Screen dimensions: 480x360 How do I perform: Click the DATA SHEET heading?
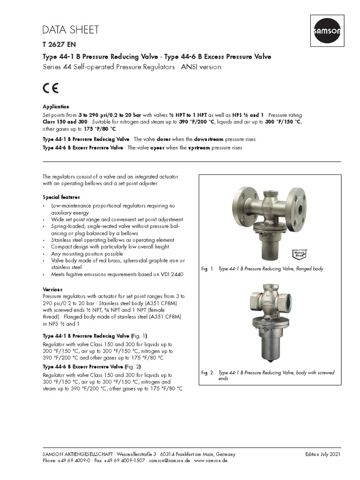pos(71,30)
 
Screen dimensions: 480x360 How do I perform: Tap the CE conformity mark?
pos(51,88)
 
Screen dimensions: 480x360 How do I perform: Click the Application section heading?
pos(56,107)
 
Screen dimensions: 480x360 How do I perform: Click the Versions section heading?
pos(52,289)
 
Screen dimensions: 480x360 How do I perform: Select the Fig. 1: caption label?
pos(208,269)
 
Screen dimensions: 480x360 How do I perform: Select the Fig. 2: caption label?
pos(208,373)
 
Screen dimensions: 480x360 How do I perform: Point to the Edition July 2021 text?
pos(322,454)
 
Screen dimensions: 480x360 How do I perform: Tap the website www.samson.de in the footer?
pos(210,461)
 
